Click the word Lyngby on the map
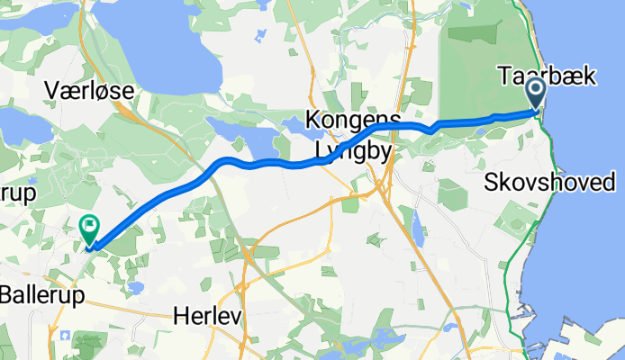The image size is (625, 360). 353,151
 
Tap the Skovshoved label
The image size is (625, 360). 549,183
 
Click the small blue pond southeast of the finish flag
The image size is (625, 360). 135,288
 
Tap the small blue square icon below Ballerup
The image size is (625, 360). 63,335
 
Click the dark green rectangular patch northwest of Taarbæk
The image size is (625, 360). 473,35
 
